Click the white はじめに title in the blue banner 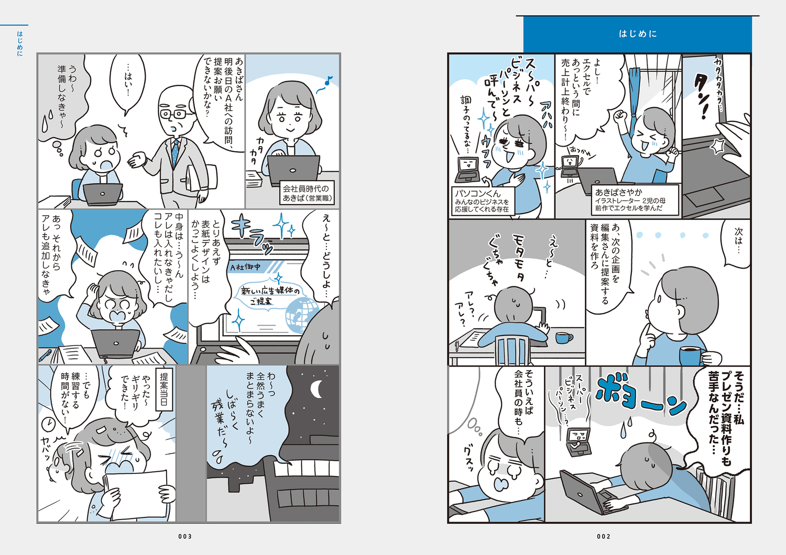point(638,34)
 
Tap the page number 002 point(604,537)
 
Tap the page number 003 point(185,537)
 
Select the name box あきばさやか point(636,199)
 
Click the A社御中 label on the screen point(246,267)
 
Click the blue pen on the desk point(45,356)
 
